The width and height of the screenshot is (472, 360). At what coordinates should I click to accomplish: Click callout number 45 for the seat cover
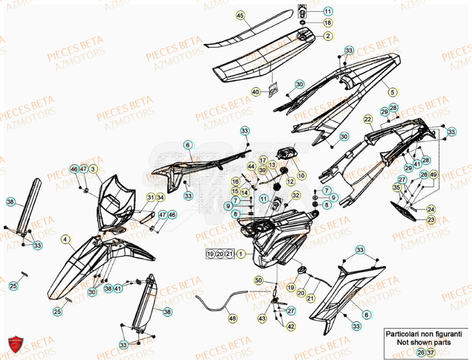click(240, 16)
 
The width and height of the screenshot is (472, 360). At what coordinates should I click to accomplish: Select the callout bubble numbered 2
click(328, 36)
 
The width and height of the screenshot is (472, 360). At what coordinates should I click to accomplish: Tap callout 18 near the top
click(327, 23)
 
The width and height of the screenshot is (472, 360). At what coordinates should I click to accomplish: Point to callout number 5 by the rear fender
click(393, 92)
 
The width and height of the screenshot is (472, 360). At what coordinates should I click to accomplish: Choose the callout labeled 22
click(367, 119)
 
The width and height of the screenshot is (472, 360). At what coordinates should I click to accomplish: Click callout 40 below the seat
click(256, 92)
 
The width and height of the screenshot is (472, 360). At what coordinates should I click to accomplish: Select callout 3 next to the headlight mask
click(92, 169)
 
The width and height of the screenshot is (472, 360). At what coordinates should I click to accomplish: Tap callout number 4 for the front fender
click(65, 240)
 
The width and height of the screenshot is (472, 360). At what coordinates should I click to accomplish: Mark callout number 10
click(301, 175)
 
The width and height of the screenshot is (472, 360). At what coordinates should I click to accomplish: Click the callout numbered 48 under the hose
click(231, 319)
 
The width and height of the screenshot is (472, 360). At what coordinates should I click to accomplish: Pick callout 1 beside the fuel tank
click(242, 254)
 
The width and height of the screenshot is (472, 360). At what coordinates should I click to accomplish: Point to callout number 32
click(296, 196)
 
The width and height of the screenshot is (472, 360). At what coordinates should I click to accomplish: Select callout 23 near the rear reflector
click(431, 220)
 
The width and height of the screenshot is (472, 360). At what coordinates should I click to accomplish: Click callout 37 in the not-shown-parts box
click(430, 352)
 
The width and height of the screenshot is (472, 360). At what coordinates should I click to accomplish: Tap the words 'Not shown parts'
click(424, 342)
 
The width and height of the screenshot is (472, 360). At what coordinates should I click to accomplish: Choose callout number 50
click(258, 281)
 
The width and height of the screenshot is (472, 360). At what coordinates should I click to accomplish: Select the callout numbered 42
click(291, 326)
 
